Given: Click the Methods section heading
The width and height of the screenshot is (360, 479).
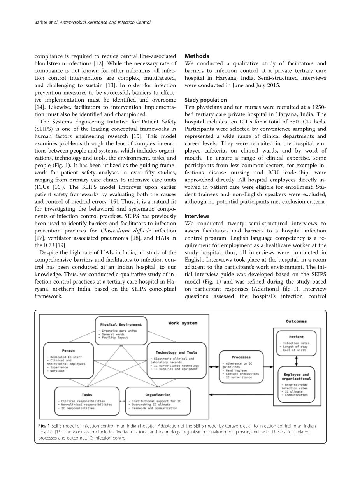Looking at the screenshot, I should [197, 56].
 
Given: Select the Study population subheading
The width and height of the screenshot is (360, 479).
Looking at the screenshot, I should [205, 100].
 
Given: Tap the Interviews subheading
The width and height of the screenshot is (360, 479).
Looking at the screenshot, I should [197, 216].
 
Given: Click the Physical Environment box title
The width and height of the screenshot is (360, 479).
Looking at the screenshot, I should [121, 324].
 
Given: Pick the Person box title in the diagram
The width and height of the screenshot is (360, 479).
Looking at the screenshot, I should [68, 350].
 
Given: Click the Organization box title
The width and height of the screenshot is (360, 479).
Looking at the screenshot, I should [158, 395].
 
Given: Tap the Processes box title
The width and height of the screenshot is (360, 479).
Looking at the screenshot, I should [241, 357].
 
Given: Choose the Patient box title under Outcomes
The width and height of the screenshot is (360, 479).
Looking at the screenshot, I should [296, 337].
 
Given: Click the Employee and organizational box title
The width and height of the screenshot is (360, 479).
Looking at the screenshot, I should [297, 376].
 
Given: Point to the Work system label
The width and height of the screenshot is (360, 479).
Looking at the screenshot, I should [183, 323].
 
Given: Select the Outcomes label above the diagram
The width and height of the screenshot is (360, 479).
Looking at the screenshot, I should [296, 321].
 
